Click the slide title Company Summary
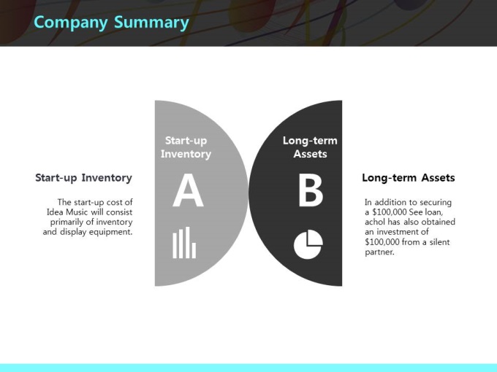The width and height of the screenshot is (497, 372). [111, 23]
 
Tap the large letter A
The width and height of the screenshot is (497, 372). [188, 190]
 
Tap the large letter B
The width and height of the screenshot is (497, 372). [311, 191]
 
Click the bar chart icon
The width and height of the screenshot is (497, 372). [184, 242]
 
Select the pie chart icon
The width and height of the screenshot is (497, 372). [308, 244]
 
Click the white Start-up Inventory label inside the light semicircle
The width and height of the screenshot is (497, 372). [186, 147]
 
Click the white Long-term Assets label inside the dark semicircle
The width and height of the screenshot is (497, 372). [310, 147]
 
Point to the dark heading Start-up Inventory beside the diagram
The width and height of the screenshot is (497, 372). [83, 178]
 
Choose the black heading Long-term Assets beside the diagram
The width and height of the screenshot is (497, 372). [409, 178]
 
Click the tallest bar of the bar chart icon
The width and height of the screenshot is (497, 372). [188, 242]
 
